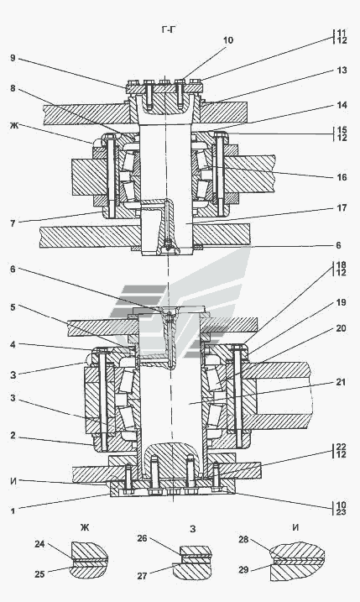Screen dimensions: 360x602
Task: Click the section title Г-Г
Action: [168, 29]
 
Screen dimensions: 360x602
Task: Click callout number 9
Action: [13, 58]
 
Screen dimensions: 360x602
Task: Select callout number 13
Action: [342, 70]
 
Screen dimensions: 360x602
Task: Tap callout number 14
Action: [342, 104]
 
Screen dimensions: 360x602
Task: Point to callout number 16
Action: [342, 177]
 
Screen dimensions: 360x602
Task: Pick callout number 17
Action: [342, 207]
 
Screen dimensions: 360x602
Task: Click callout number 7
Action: [13, 223]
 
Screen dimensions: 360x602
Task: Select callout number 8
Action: [13, 88]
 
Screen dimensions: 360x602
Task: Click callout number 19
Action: [342, 302]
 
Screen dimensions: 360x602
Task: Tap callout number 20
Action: [342, 328]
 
